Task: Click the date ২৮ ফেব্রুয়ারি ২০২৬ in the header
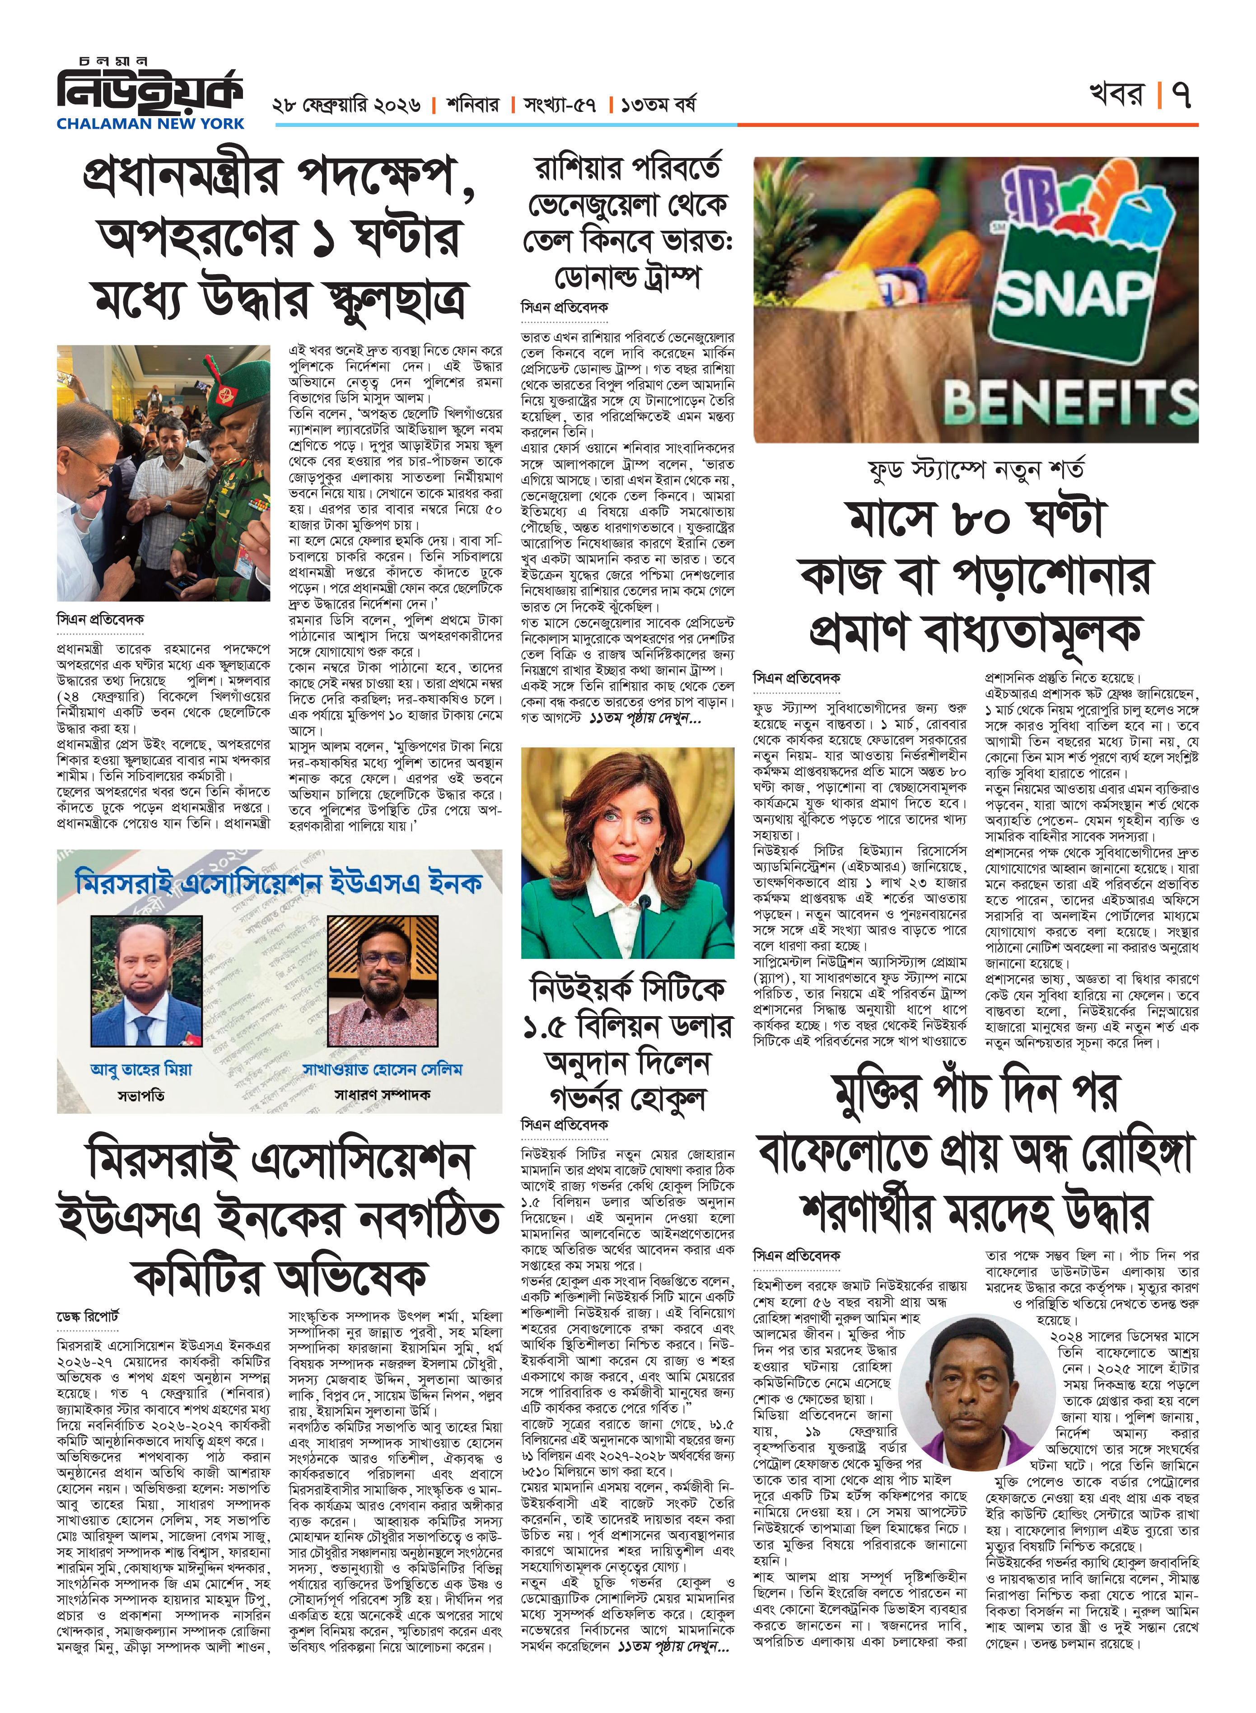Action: (346, 105)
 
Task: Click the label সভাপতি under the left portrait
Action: (140, 1095)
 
